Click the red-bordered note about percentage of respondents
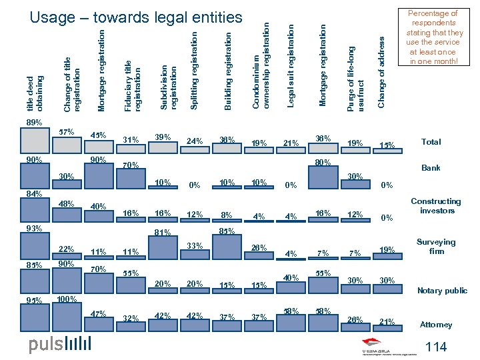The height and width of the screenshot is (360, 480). (433, 37)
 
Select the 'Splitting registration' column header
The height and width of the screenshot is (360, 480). (194, 70)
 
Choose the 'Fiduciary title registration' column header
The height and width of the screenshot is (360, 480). (133, 83)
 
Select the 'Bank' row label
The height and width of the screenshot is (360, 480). (431, 168)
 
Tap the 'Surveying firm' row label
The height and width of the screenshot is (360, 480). (436, 247)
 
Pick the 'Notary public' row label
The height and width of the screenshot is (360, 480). (442, 291)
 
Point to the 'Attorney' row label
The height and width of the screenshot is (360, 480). (436, 325)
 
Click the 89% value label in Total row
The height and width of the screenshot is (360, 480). (34, 123)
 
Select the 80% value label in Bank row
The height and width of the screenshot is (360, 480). (323, 161)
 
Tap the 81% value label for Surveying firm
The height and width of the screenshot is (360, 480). (163, 233)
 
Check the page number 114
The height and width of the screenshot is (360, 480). (435, 347)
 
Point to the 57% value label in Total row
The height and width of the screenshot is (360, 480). (67, 131)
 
